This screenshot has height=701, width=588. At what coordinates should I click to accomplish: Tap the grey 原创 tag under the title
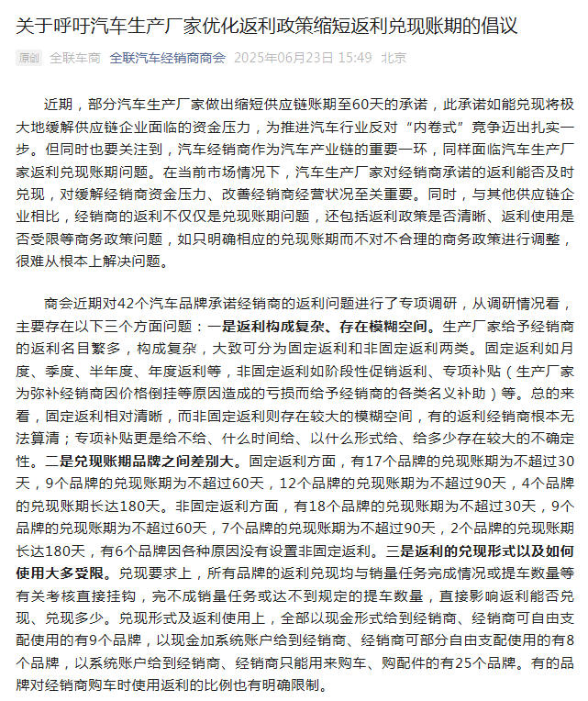pyautogui.click(x=28, y=58)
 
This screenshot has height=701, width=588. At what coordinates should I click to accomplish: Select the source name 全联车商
pyautogui.click(x=74, y=58)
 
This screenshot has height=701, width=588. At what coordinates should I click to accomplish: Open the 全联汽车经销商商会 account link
pyautogui.click(x=167, y=58)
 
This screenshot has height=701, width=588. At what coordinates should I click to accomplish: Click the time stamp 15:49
pyautogui.click(x=355, y=58)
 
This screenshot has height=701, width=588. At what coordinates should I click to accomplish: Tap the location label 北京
pyautogui.click(x=394, y=58)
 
